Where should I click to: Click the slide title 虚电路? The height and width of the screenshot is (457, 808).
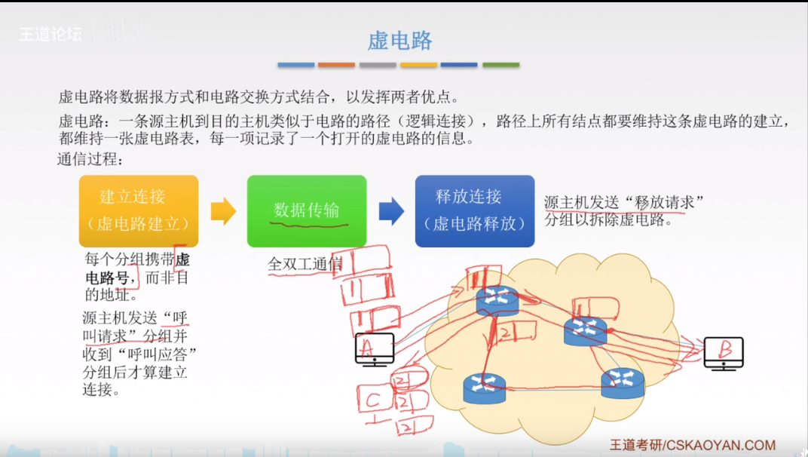tap(400, 40)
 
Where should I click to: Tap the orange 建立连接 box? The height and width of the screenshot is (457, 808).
tap(139, 211)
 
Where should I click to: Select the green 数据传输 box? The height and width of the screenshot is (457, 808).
tap(307, 211)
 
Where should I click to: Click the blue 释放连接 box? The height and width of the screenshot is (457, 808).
tap(475, 211)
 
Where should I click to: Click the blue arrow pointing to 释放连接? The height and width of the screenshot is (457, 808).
tap(391, 212)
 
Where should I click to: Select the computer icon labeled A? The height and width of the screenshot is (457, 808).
tap(375, 349)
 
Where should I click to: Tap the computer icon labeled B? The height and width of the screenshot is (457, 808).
tap(724, 353)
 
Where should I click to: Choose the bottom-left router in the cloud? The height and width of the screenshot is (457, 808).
tap(485, 388)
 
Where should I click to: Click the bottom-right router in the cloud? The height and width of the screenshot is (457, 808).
tap(623, 383)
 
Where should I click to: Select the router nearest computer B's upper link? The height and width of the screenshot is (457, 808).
tap(585, 331)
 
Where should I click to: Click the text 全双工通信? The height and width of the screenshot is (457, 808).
tap(305, 265)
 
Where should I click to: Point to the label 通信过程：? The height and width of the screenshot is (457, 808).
tap(90, 160)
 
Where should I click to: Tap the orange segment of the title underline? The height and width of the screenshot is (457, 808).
tap(336, 65)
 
